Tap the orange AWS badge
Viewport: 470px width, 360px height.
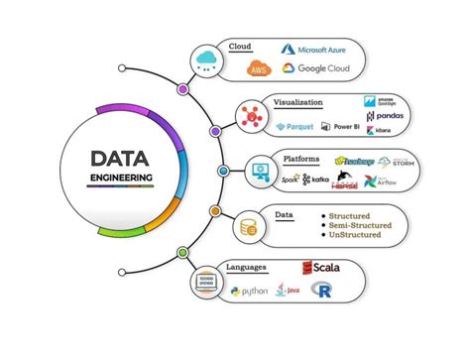(259, 68)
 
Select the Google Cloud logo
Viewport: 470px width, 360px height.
(315, 68)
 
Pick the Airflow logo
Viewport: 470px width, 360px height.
(408, 181)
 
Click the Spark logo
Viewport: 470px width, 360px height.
(290, 180)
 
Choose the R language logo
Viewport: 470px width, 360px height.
(320, 291)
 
